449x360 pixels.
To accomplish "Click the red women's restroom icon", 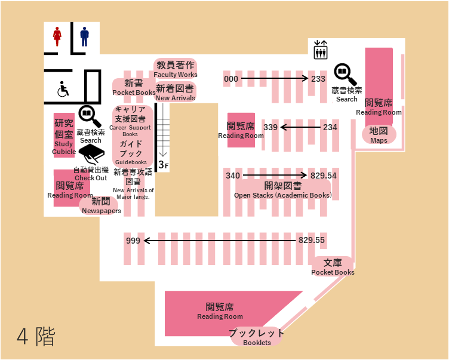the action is click(x=57, y=36).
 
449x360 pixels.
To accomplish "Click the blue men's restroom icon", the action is click(x=84, y=36).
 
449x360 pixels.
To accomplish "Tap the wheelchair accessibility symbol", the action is click(x=63, y=89).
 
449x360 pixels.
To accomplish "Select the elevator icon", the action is click(x=321, y=50).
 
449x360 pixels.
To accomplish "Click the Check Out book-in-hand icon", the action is click(x=91, y=154).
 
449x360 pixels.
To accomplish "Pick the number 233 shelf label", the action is click(x=318, y=79).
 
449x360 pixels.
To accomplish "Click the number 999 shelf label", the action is click(x=133, y=241).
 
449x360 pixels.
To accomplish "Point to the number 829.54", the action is click(x=323, y=176).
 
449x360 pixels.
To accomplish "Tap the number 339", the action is click(x=270, y=127).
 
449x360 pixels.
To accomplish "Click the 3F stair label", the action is click(x=164, y=165).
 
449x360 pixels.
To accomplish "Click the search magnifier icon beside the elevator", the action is click(x=345, y=74).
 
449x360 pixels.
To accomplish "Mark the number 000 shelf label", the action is click(x=231, y=79).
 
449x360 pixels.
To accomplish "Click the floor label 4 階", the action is click(x=36, y=337).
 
